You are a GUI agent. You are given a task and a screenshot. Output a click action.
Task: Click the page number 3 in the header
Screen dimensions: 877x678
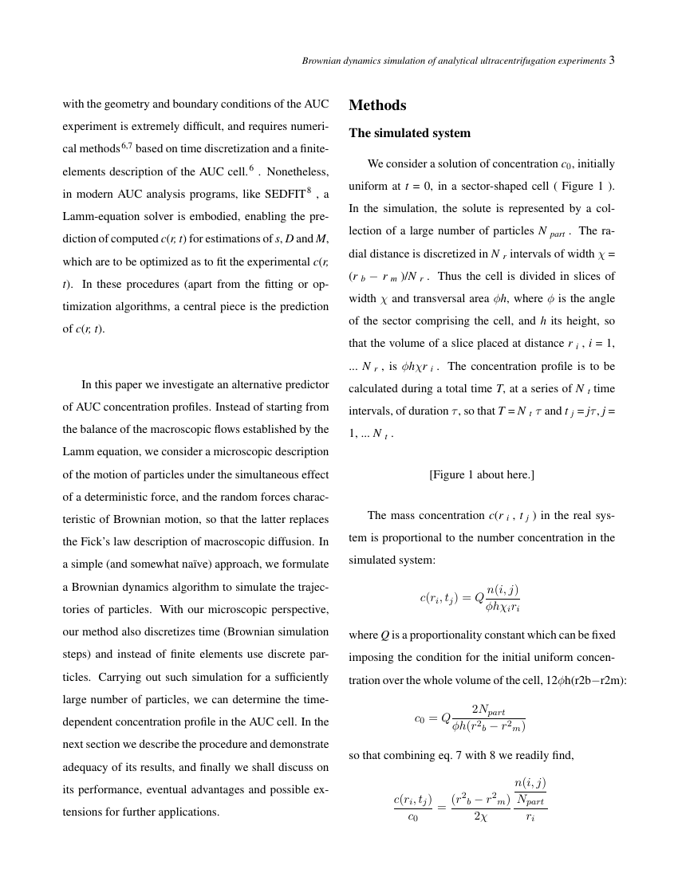(612, 61)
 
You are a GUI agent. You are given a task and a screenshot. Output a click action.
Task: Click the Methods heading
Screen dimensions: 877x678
(377, 105)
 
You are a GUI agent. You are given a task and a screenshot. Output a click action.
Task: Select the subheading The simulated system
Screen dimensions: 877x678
(409, 133)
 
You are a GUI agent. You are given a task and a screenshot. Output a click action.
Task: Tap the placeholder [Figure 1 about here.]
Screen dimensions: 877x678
(482, 474)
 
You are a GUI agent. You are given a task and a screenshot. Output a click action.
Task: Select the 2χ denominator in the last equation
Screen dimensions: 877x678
(479, 816)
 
